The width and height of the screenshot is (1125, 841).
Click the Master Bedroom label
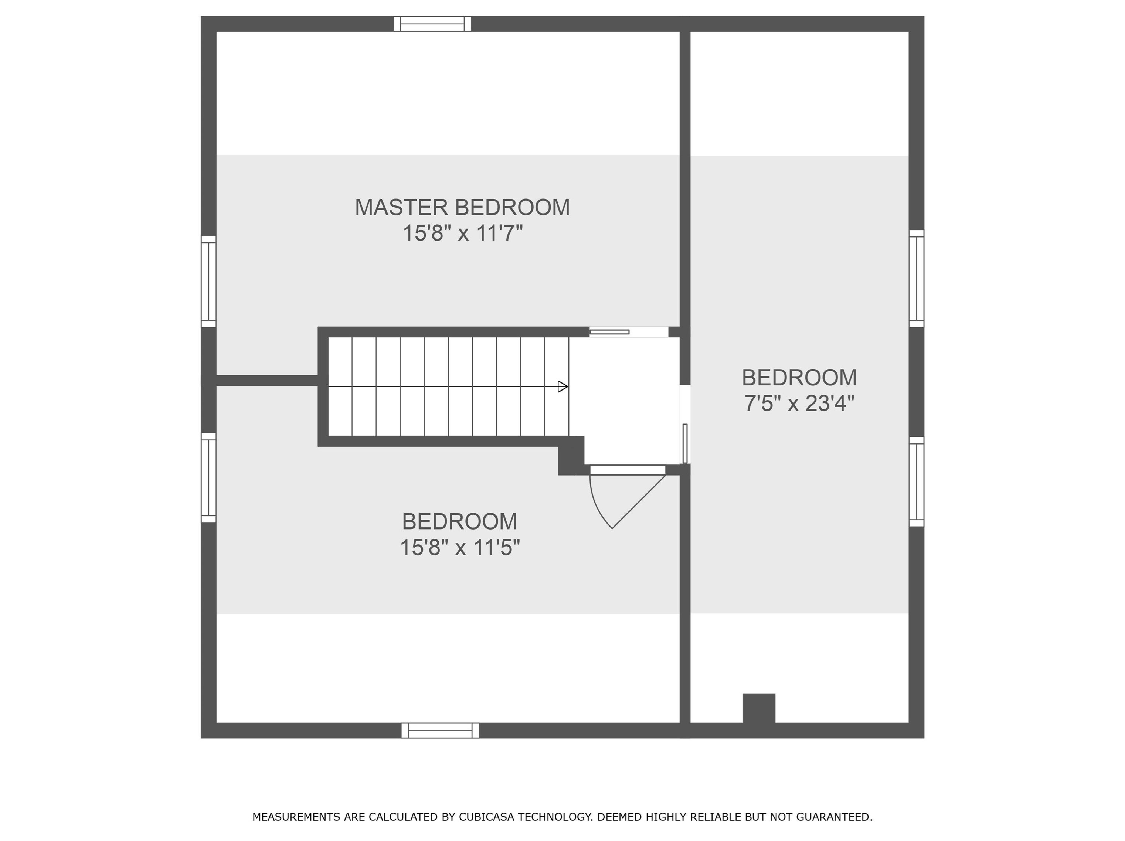462,207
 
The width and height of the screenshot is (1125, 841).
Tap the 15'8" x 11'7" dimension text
463,234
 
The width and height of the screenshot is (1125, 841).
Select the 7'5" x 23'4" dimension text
799,404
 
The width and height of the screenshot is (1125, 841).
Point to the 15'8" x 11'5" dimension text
460,548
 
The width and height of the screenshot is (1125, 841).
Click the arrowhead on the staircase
563,387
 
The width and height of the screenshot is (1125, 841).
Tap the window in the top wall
433,24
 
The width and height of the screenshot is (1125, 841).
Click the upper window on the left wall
208,281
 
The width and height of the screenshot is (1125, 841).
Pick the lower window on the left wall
208,478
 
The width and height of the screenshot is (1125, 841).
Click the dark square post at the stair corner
571,456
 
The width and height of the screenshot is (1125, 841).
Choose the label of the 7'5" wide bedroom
799,377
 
